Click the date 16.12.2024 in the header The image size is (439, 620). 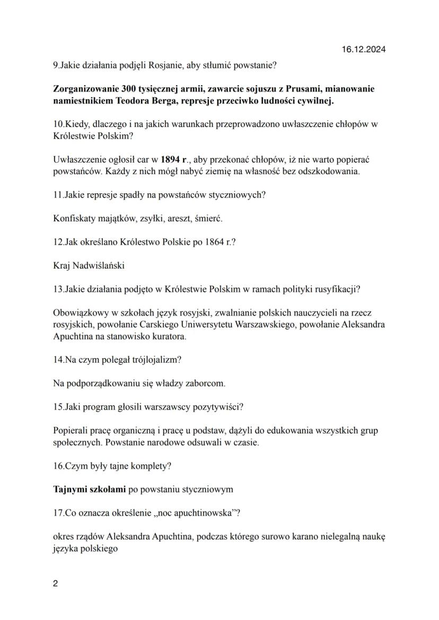363,50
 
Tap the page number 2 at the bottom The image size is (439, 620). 56,584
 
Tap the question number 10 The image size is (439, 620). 58,124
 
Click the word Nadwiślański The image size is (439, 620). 100,265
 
